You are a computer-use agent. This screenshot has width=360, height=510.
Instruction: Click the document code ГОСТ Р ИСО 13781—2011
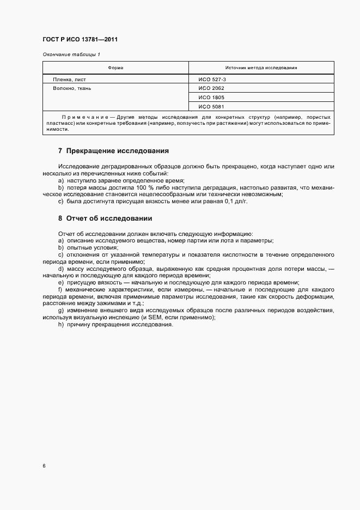80,40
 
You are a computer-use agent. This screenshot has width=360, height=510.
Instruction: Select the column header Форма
115,68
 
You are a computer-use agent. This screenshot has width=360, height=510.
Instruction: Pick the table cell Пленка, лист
70,79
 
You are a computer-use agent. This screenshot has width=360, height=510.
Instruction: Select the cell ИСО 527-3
212,79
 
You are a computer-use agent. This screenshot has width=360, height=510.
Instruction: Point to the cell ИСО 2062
211,88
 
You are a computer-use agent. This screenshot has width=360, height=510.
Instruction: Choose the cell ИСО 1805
211,97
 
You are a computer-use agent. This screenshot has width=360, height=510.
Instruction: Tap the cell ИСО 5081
211,106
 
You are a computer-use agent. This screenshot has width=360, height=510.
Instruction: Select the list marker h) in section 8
60,325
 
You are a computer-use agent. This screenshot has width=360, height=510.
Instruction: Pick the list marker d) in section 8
60,269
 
